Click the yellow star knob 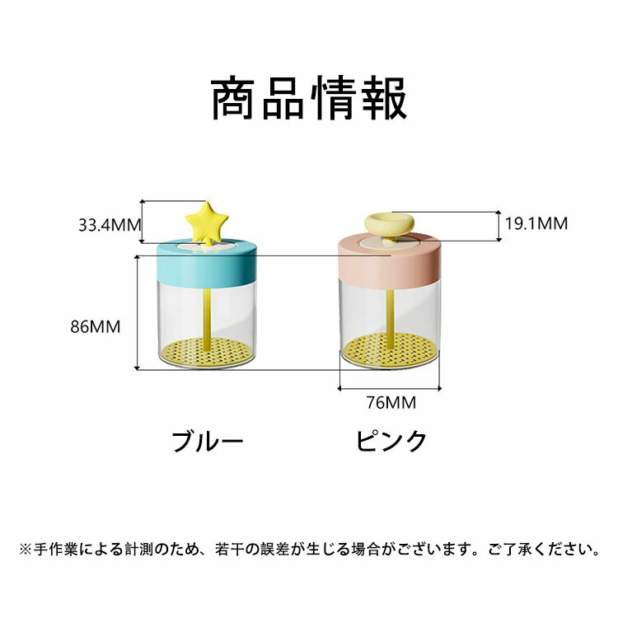207,222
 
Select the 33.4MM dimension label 110,225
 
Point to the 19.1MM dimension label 536,223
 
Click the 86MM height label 96,327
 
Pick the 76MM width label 391,402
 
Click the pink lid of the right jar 390,261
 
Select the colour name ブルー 208,441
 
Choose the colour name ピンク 391,441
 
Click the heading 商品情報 309,98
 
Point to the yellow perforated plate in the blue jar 207,353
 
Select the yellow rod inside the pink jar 391,315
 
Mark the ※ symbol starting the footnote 26,549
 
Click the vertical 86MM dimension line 137,312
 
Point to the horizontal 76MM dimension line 390,389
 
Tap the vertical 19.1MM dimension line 499,226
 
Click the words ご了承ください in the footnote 543,549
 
